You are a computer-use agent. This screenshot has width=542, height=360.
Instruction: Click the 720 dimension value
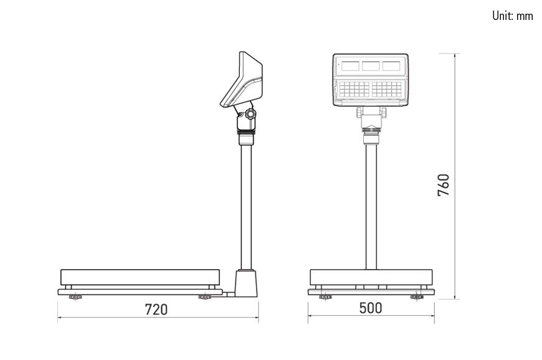(156, 310)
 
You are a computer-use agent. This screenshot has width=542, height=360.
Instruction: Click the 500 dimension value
(371, 308)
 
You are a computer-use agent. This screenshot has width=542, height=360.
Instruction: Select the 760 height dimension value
(444, 185)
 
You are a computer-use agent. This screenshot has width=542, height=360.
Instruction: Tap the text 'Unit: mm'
(513, 16)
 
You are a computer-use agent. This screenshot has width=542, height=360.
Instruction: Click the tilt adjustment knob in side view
(250, 114)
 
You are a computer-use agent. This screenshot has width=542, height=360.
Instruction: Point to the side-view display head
(242, 80)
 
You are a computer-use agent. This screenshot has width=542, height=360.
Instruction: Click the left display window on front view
(350, 66)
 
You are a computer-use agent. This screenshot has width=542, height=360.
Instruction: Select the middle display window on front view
(371, 66)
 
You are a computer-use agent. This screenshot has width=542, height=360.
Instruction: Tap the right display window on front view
(391, 66)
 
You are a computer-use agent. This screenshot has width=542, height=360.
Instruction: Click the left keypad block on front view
(354, 89)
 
